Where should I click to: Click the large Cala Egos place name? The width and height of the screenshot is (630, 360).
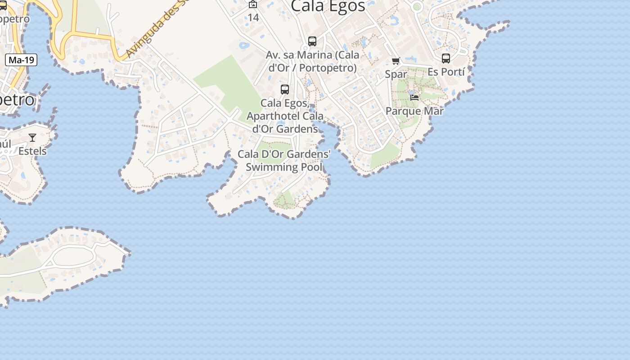click(x=328, y=6)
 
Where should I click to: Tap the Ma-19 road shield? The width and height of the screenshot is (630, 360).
click(x=21, y=60)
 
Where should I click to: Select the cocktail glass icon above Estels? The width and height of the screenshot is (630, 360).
click(x=32, y=138)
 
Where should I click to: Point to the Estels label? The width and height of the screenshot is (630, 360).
click(x=32, y=151)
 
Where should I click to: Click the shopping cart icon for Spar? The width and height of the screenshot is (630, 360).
click(x=396, y=61)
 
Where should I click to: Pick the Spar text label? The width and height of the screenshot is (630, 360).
click(x=396, y=74)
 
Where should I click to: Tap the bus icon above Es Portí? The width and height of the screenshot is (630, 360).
click(x=446, y=58)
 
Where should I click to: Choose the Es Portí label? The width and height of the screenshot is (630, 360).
click(x=446, y=72)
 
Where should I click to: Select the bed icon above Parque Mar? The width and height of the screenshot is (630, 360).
click(x=414, y=97)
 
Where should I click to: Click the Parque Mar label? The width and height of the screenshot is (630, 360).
click(x=414, y=111)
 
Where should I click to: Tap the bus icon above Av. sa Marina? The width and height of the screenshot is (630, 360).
click(x=312, y=41)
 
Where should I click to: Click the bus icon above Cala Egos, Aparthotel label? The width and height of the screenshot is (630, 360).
click(x=285, y=89)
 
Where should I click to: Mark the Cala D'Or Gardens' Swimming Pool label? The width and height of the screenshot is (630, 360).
click(x=284, y=161)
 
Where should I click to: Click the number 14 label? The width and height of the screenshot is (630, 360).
click(x=253, y=18)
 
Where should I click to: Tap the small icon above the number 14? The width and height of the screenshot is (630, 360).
click(x=253, y=4)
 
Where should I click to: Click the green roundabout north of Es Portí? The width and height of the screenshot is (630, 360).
click(x=417, y=6)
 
